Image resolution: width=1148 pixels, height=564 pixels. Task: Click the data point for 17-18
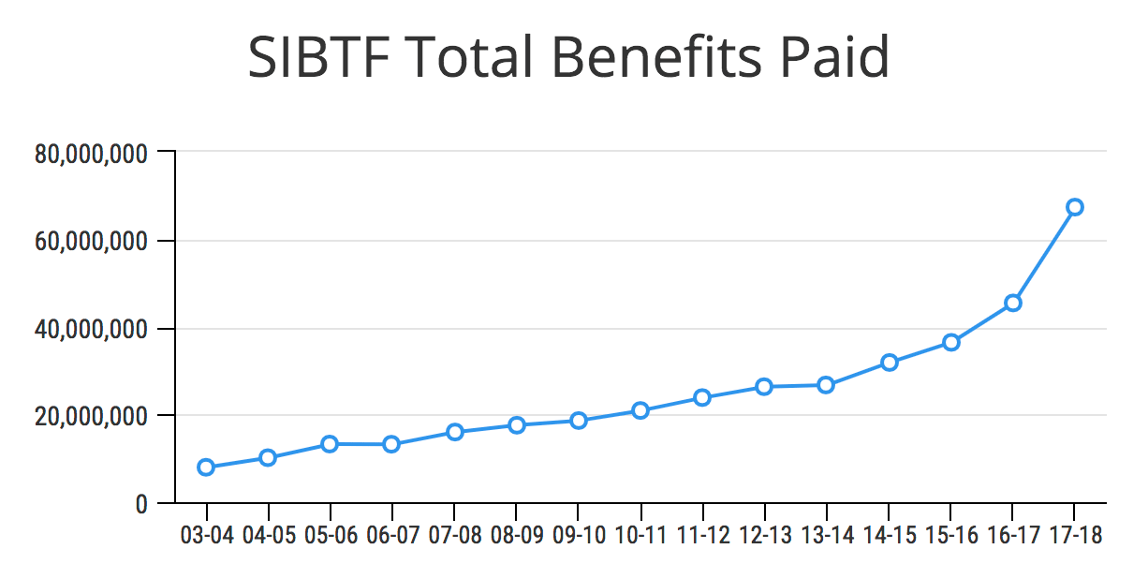[x=1074, y=207]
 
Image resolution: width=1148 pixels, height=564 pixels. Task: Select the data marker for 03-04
[x=206, y=468]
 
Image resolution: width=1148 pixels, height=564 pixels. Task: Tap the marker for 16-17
[x=1012, y=303]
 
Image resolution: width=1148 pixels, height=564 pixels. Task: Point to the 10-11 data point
[x=640, y=410]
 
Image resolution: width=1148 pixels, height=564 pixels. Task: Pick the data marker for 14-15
[x=889, y=363]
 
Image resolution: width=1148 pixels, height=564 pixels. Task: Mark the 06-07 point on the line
[x=391, y=444]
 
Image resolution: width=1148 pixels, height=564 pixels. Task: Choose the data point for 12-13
[x=764, y=387]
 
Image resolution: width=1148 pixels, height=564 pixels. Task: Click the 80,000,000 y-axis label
[x=91, y=153]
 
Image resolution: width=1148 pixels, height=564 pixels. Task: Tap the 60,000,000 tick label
[x=91, y=241]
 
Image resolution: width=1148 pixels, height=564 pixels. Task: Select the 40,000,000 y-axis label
[x=91, y=329]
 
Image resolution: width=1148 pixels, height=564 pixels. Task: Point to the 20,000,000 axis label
[x=91, y=416]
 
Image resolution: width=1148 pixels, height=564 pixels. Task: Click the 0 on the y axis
[x=140, y=504]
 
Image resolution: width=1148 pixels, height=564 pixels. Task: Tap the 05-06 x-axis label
[x=330, y=536]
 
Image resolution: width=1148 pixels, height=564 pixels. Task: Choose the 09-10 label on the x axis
[x=578, y=536]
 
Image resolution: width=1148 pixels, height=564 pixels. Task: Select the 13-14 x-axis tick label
[x=826, y=536]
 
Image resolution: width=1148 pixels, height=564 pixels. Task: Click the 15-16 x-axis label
[x=950, y=536]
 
